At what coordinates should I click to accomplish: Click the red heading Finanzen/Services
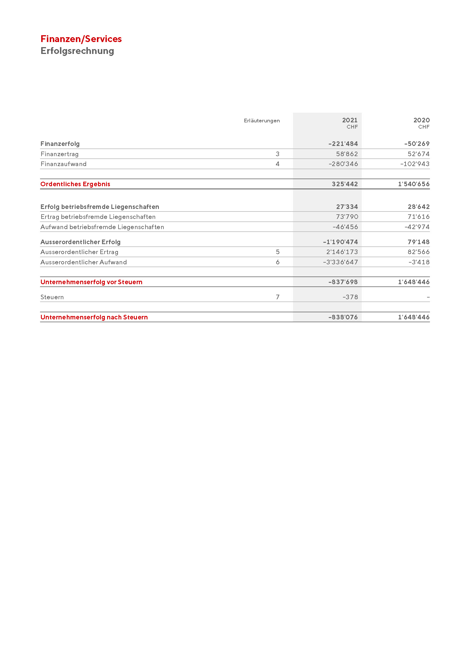[81, 39]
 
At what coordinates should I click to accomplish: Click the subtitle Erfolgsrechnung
[77, 51]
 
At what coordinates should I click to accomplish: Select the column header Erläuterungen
[262, 121]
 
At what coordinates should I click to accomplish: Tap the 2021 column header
[350, 120]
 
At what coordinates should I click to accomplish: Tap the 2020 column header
[421, 120]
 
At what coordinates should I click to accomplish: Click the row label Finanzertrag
[60, 154]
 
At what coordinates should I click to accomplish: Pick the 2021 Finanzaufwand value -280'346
[343, 164]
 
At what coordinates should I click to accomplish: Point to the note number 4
[278, 164]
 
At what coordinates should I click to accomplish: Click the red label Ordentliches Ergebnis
[75, 184]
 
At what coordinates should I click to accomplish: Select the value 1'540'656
[413, 184]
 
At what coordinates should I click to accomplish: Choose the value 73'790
[347, 217]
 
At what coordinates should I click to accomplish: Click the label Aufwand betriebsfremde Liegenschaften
[102, 227]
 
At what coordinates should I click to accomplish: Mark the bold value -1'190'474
[340, 242]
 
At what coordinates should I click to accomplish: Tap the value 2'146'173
[342, 252]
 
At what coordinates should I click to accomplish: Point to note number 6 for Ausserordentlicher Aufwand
[278, 262]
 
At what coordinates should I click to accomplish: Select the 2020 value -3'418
[419, 262]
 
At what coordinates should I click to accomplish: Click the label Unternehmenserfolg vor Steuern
[91, 282]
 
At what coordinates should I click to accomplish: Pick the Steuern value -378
[350, 297]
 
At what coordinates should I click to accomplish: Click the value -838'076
[343, 317]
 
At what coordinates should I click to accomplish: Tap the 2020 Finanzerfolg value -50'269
[417, 144]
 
